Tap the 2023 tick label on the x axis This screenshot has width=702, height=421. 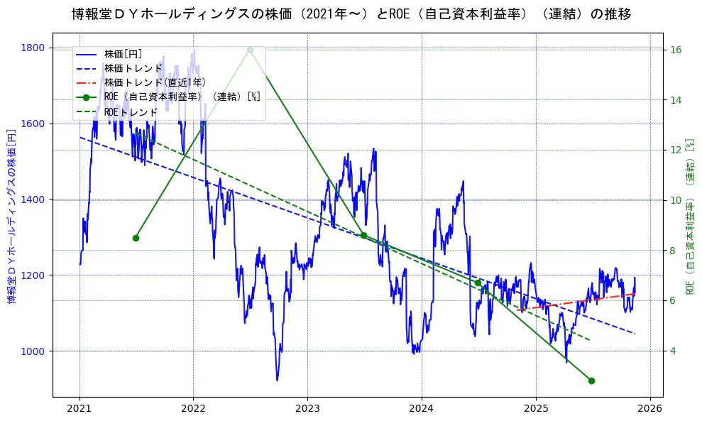307,409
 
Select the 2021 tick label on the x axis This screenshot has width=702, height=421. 79,409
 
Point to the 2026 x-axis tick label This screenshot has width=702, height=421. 649,409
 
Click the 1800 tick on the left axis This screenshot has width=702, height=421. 33,48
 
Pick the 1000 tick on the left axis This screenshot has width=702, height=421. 33,351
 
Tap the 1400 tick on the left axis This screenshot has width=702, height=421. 33,199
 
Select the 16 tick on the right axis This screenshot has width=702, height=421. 676,50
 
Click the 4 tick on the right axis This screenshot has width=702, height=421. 674,351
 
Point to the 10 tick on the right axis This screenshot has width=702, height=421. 676,200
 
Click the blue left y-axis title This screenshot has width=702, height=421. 11,217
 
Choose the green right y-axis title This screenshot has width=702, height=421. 690,217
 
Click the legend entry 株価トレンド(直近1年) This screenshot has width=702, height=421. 145,82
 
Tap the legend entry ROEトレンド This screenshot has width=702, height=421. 131,112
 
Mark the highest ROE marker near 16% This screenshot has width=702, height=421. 250,50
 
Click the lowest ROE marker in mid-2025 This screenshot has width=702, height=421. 591,381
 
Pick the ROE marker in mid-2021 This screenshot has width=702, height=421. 136,238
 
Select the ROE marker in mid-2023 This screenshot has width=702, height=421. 363,235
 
